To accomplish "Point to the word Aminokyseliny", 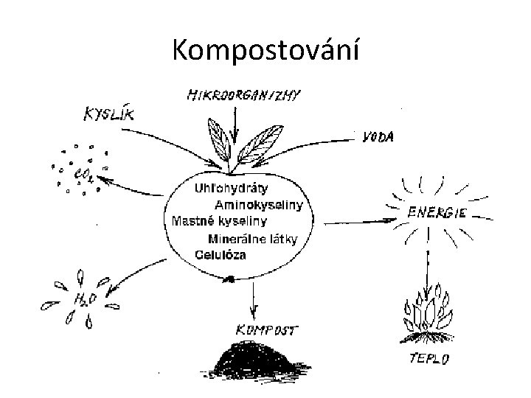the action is coord(258,204).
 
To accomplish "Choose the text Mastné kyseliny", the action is coord(219,220).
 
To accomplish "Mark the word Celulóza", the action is coord(221,254).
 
